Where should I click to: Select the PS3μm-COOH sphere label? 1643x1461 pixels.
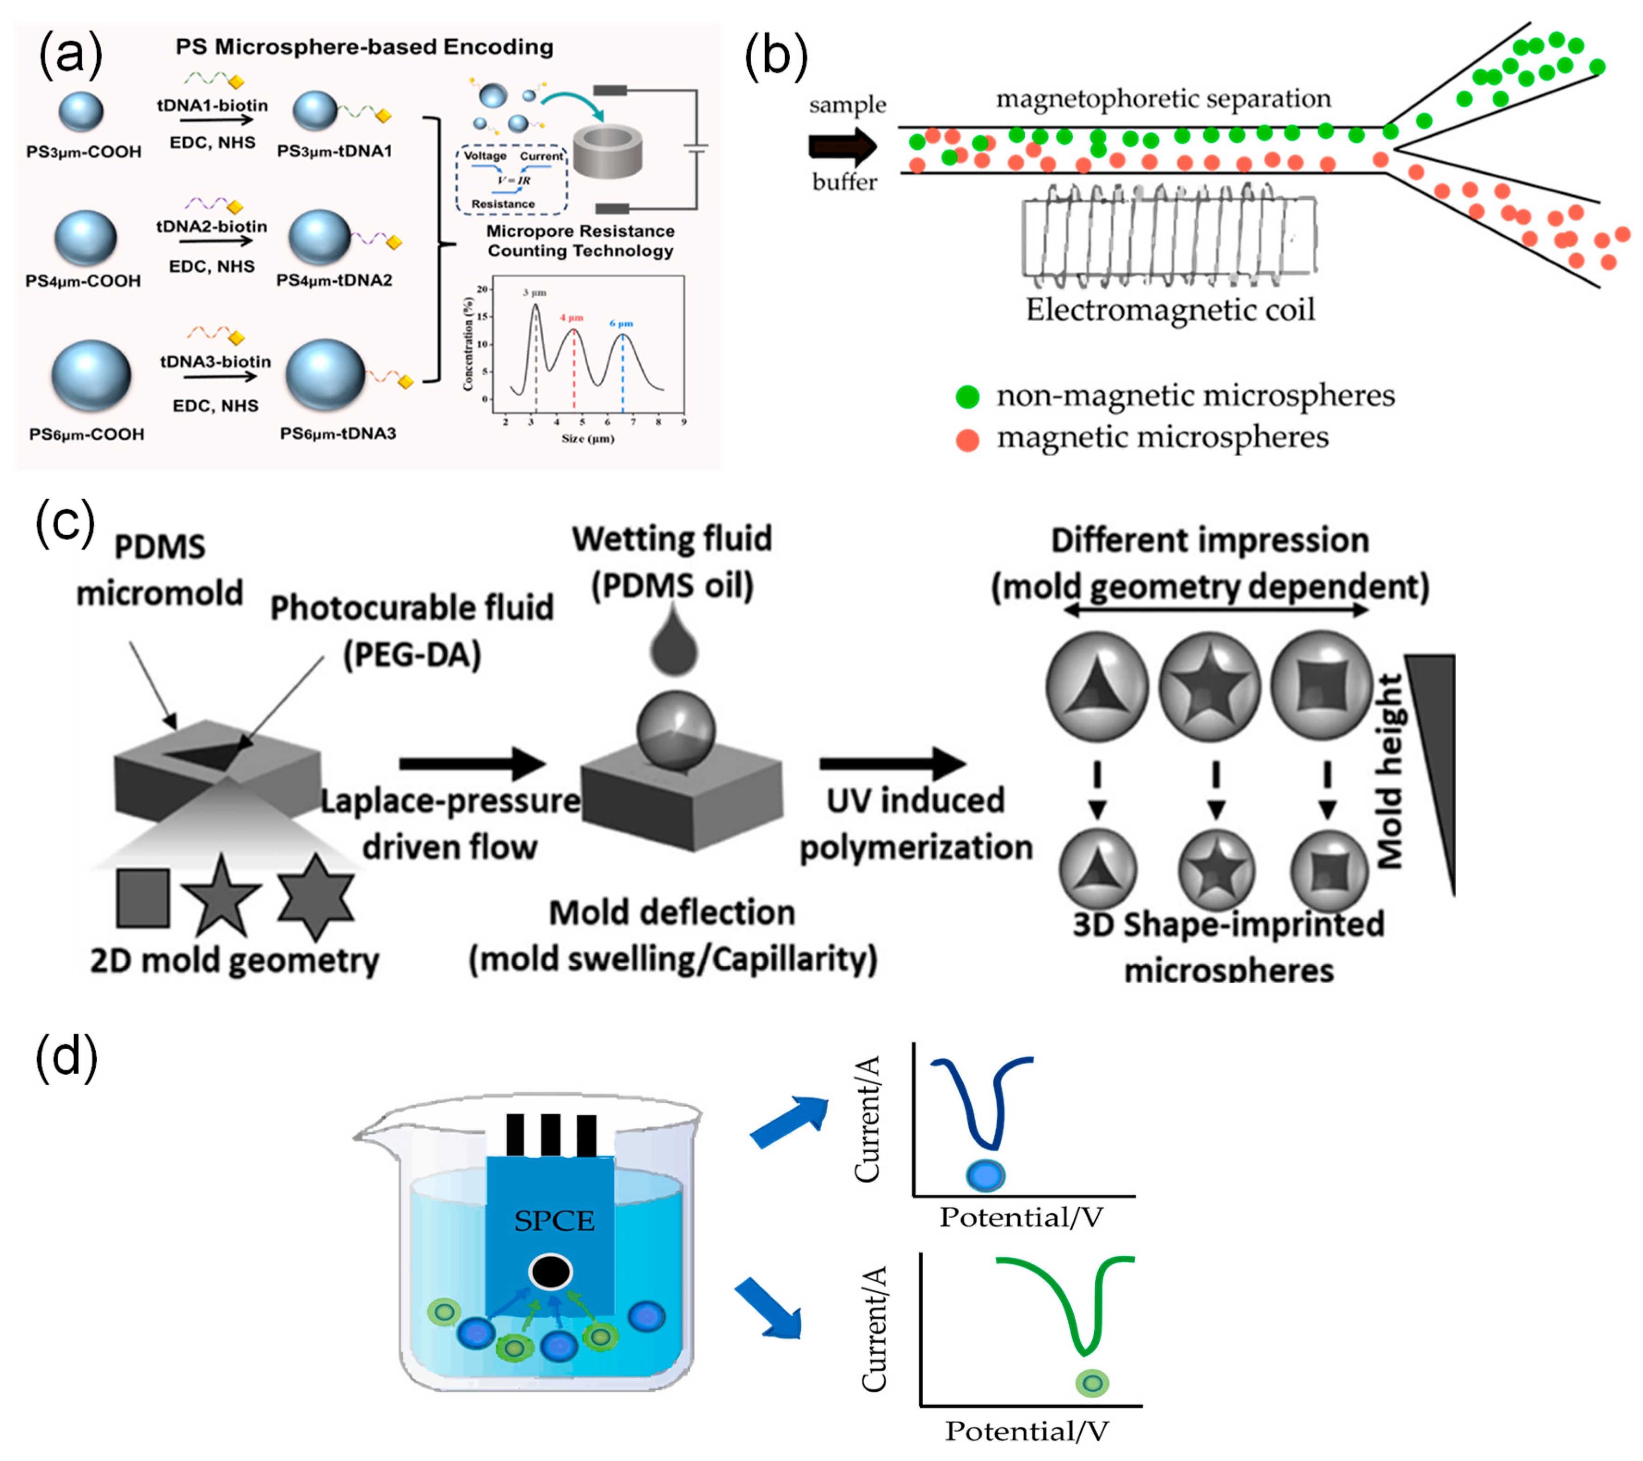(84, 152)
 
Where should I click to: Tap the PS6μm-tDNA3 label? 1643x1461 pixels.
(338, 434)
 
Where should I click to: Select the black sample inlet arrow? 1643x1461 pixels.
(843, 146)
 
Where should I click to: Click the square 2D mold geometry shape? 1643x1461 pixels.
(143, 898)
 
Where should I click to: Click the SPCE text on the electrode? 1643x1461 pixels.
(554, 1222)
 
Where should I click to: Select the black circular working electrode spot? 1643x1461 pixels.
(551, 1272)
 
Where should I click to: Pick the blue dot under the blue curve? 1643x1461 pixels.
(985, 1176)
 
